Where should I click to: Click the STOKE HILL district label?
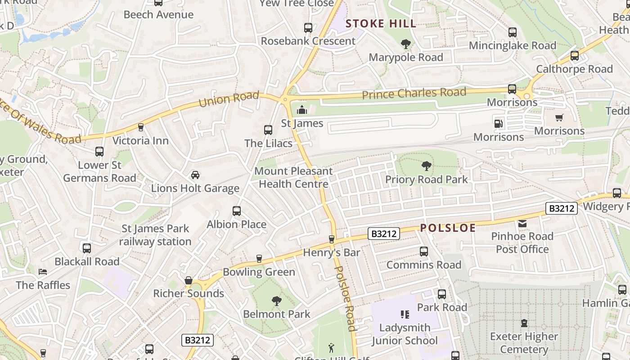point(381,24)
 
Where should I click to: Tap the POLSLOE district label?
point(448,228)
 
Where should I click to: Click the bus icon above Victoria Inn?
point(140,127)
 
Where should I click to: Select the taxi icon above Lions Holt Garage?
point(195,175)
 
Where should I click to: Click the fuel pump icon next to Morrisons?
point(499,124)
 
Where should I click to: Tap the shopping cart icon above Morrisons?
point(559,118)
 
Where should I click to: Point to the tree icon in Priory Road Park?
point(426,166)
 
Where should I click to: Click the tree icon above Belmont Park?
point(276,301)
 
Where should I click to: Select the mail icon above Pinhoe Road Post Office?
point(522,223)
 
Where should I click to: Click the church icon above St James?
point(302,110)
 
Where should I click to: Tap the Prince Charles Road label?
point(414,94)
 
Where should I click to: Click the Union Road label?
point(229,99)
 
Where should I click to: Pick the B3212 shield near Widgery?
point(561,208)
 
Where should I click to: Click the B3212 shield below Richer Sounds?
point(198,340)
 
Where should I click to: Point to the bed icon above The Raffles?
point(43,272)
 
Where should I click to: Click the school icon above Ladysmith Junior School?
point(405,315)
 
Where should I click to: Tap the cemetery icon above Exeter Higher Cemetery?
point(524,323)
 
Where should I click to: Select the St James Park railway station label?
point(155,235)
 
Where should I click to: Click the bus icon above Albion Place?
point(237,211)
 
